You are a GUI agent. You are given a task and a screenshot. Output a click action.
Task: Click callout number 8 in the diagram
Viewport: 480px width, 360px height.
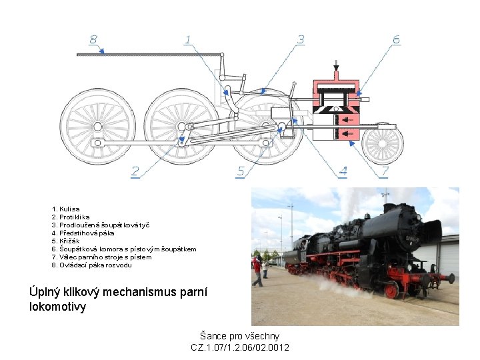[x=93, y=40]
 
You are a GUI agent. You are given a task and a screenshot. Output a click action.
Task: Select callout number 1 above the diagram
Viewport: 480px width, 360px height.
[x=188, y=40]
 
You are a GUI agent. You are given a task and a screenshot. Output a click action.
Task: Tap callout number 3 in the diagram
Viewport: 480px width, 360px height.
[x=301, y=40]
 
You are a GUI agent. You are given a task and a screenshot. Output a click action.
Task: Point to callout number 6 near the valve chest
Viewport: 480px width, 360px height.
[x=396, y=40]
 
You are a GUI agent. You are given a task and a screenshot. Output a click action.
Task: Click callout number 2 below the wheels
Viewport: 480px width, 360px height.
[x=135, y=172]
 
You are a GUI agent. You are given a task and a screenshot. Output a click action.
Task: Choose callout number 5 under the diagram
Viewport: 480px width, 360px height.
[x=241, y=172]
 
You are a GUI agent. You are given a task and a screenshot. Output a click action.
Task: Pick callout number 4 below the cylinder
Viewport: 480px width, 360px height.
[x=343, y=172]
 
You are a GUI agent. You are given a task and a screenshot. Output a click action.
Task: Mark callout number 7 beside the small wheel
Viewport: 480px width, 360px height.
[x=384, y=172]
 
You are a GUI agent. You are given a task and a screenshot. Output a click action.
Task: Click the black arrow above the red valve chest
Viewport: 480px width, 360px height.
[x=337, y=65]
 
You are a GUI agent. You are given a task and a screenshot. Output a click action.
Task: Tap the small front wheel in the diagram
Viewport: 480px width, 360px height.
[x=383, y=144]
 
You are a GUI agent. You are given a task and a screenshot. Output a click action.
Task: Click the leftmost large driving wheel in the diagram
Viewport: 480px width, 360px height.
[x=98, y=127]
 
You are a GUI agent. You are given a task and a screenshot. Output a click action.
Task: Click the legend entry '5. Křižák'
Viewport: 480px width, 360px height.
[x=65, y=241]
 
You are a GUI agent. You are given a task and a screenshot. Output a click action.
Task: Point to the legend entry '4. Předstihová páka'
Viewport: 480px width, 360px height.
[x=83, y=233]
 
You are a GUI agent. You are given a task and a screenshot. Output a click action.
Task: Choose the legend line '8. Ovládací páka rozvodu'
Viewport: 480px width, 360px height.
[x=92, y=265]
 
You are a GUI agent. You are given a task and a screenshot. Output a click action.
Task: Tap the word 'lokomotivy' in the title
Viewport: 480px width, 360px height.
[x=58, y=307]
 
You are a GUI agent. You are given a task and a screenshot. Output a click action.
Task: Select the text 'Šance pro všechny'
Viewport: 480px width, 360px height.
[x=240, y=336]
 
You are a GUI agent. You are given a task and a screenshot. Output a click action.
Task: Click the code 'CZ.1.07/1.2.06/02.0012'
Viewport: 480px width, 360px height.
[x=240, y=347]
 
